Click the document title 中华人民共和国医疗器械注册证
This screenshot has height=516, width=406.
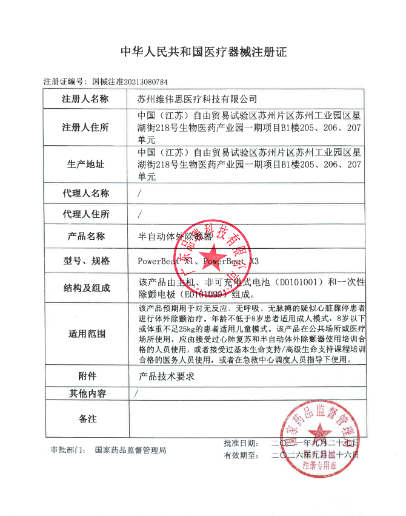[x=203, y=52]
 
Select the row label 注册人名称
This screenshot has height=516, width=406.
[x=85, y=98]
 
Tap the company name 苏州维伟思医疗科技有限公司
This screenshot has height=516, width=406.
[x=198, y=98]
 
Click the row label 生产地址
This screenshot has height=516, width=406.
[x=85, y=165]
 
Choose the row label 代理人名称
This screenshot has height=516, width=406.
[x=85, y=193]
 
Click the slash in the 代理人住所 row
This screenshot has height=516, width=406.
[x=140, y=214]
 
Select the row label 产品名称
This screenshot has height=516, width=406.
[x=85, y=236]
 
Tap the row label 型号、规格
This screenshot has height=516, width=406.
[x=85, y=261]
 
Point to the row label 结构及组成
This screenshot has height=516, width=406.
[x=85, y=288]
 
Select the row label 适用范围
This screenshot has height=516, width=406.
[x=85, y=334]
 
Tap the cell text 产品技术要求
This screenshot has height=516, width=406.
[x=166, y=376]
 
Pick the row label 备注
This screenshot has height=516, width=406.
[x=85, y=419]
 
